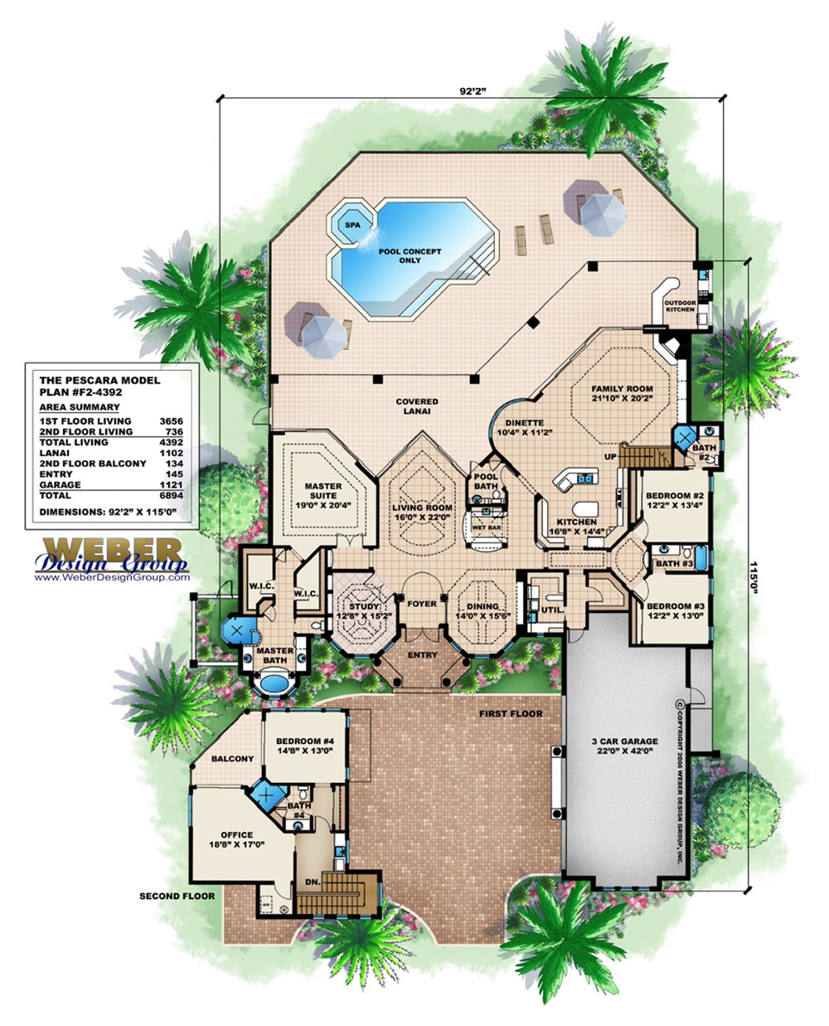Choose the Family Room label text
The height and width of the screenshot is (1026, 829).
pos(622,392)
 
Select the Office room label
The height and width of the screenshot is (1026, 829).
pos(236,839)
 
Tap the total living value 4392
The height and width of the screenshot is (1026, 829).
pos(171,442)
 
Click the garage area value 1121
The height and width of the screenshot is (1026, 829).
pos(171,484)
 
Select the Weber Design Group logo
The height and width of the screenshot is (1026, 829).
pos(111,556)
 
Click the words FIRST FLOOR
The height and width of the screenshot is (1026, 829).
pos(511,713)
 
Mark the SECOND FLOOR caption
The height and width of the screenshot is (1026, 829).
pos(177,896)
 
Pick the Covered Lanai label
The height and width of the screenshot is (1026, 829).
pos(417,406)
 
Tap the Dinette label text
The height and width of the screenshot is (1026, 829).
pos(524,427)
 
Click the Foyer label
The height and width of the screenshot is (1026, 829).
pos(422,604)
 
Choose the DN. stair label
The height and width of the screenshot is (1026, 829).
pos(313,881)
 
